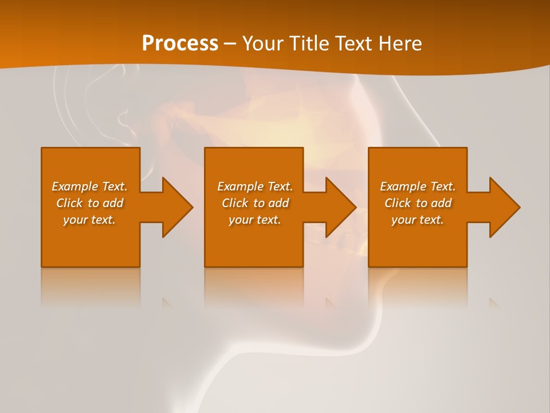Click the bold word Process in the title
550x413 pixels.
(x=180, y=44)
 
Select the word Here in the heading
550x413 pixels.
(x=400, y=44)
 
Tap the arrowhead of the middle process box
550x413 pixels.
(x=340, y=207)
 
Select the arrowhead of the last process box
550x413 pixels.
(x=504, y=207)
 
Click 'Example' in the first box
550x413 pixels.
(x=74, y=186)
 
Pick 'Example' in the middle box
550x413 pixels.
(x=239, y=186)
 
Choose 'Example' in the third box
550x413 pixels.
(x=403, y=186)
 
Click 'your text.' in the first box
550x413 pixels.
(x=89, y=220)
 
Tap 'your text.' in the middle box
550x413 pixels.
(x=254, y=220)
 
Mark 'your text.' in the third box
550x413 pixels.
(x=418, y=220)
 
